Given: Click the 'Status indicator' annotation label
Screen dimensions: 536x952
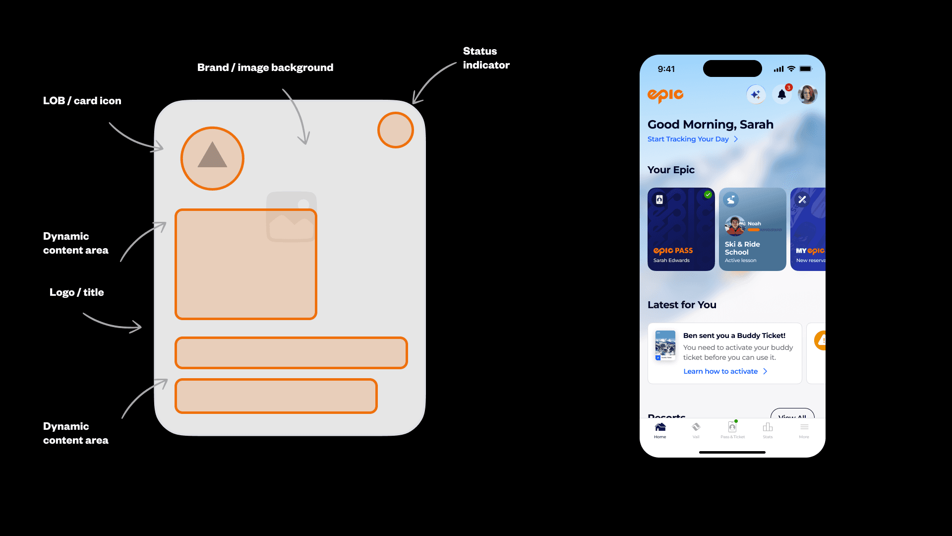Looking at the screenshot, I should pyautogui.click(x=486, y=58).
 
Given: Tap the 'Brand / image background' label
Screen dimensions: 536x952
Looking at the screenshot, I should pyautogui.click(x=265, y=67).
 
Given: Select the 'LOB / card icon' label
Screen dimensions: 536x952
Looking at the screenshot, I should pyautogui.click(x=82, y=101).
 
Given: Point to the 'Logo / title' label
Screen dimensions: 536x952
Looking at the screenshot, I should pyautogui.click(x=77, y=292).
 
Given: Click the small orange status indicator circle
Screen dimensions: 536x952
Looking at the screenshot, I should pyautogui.click(x=396, y=130).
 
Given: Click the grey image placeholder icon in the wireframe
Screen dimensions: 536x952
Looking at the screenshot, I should pyautogui.click(x=292, y=217).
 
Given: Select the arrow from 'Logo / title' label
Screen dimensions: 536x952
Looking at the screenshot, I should pyautogui.click(x=112, y=322).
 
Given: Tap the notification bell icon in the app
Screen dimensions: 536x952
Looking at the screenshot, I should pyautogui.click(x=782, y=94).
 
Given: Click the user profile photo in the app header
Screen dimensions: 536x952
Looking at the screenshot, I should pyautogui.click(x=808, y=94).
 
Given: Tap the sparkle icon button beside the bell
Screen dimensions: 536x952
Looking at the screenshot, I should pyautogui.click(x=756, y=94).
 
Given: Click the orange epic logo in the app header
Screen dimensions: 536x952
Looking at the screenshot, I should pyautogui.click(x=665, y=95).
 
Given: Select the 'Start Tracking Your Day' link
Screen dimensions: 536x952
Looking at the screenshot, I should pyautogui.click(x=688, y=139).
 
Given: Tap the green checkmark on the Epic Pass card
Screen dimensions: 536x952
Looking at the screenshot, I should pyautogui.click(x=708, y=195).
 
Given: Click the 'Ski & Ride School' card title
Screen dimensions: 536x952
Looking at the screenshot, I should pyautogui.click(x=742, y=248).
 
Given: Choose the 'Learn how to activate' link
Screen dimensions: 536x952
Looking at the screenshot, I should pyautogui.click(x=720, y=371).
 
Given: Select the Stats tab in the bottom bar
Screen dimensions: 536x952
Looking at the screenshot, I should pyautogui.click(x=768, y=430).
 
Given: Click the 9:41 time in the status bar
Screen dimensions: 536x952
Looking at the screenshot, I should pyautogui.click(x=666, y=69).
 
